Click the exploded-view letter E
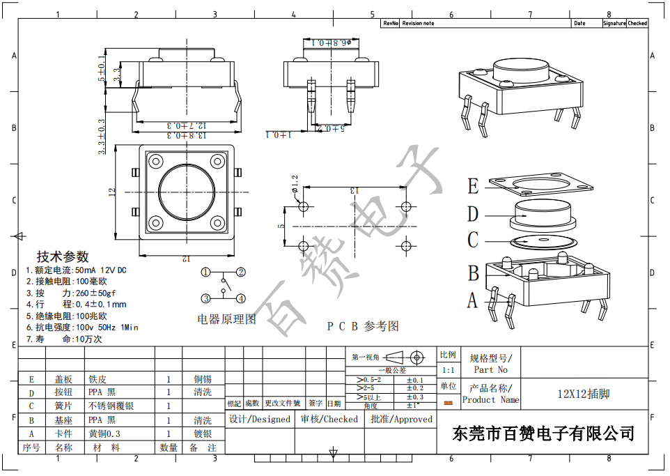point(474,186)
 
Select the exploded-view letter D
point(474,214)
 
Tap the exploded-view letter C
point(474,240)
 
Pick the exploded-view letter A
point(473,300)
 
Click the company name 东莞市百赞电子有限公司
point(544,433)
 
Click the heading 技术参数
point(63,256)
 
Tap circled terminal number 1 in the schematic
point(207,272)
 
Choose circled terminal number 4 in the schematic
point(240,298)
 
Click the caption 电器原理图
point(227,319)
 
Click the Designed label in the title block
point(260,420)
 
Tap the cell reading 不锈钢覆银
point(111,406)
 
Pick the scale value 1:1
point(448,371)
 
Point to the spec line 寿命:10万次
point(64,339)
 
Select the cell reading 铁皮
point(98,380)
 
